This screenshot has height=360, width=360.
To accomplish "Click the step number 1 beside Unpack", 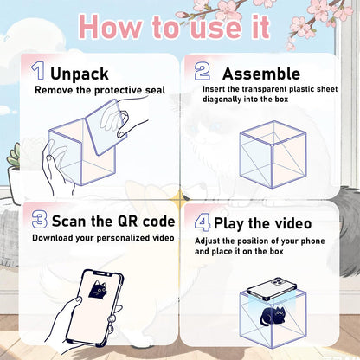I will pyautogui.click(x=37, y=71).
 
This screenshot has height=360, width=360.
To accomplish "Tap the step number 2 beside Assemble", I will pyautogui.click(x=201, y=71).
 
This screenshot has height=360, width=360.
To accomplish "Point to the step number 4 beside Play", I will pyautogui.click(x=202, y=224).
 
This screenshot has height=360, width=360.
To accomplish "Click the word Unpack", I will pyautogui.click(x=80, y=74).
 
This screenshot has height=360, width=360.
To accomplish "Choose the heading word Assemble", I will pyautogui.click(x=260, y=74).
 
